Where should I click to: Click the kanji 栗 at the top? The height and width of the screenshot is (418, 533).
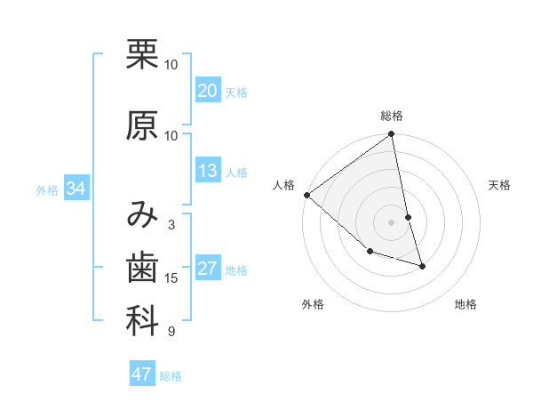point(142,55)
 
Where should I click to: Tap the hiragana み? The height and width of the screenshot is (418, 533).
point(142,215)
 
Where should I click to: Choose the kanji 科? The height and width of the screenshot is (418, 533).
point(142,322)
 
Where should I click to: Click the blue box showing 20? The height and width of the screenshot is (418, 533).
point(208,92)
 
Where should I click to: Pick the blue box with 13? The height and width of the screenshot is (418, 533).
point(208,172)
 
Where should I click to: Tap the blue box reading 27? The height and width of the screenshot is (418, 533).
point(208,269)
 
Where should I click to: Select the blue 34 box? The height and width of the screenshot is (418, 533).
point(76,189)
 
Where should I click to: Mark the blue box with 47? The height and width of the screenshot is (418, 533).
point(142,374)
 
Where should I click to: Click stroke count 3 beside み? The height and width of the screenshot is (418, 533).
point(171,225)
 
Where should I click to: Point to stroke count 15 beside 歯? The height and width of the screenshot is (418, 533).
point(171,278)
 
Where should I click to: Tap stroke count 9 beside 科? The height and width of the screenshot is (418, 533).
point(171,332)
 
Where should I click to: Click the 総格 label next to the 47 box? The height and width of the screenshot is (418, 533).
point(171,375)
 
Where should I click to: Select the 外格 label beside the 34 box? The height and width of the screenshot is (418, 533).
point(47,189)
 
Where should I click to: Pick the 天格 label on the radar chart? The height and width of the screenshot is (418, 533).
point(499,185)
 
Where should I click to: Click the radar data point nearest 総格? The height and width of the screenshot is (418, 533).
point(391,135)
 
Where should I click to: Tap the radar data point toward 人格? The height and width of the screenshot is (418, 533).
point(306,195)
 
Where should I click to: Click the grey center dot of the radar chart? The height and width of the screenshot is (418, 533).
point(391,222)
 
